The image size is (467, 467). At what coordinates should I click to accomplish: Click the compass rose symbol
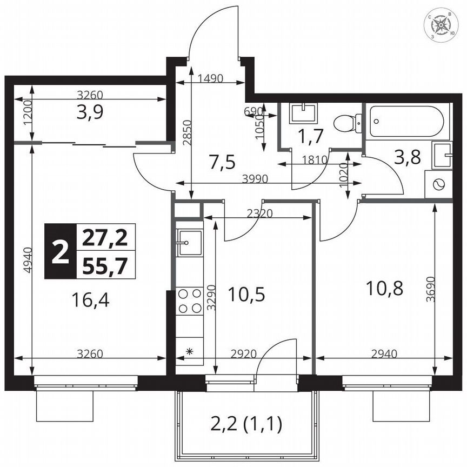click(x=442, y=25)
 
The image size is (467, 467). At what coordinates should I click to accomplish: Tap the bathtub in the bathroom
click(x=408, y=121)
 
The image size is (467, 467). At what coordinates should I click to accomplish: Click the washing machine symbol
click(x=438, y=184)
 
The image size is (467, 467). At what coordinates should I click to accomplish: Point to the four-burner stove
click(x=189, y=301)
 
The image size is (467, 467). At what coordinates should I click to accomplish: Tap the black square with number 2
click(x=60, y=251)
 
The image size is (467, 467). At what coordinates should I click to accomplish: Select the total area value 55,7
click(x=106, y=265)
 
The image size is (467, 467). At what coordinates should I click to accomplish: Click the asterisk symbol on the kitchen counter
click(x=189, y=352)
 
